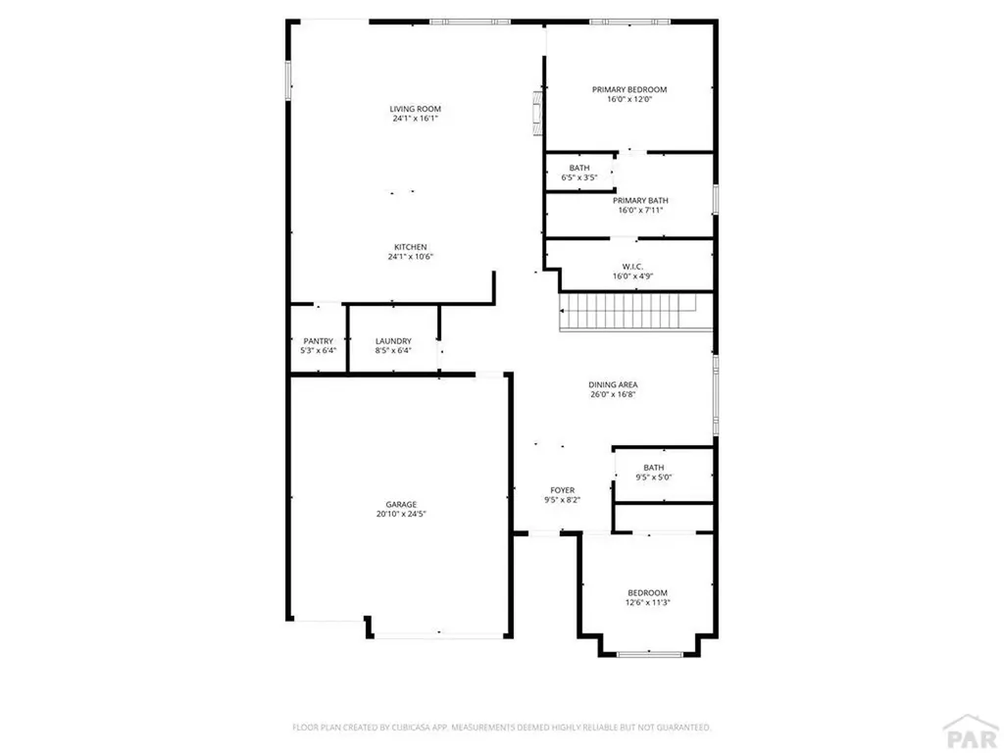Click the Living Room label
tap(415, 109)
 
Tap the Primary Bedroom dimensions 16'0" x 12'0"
tap(628, 99)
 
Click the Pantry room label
tap(318, 340)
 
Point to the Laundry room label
tap(393, 340)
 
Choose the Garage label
tap(400, 504)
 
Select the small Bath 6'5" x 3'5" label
tap(579, 168)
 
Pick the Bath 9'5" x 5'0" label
tap(654, 467)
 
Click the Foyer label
tap(563, 489)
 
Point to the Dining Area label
tap(614, 384)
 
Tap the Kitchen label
tap(411, 246)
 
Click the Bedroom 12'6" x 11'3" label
tap(647, 592)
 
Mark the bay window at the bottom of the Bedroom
tap(648, 653)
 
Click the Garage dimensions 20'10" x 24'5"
tap(400, 515)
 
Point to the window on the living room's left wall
tap(288, 79)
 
